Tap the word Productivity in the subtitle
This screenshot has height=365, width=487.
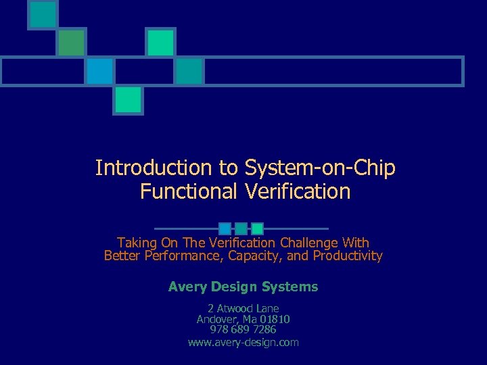(x=347, y=256)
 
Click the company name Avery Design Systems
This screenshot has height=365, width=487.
(x=243, y=287)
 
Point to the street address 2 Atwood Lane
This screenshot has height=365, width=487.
(x=243, y=308)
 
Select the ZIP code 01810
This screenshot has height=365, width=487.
(x=275, y=318)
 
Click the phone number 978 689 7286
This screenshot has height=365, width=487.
(x=243, y=329)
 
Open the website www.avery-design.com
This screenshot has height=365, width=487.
(x=243, y=343)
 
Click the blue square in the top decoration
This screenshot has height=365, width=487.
(x=99, y=71)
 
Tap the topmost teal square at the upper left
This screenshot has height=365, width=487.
(x=43, y=14)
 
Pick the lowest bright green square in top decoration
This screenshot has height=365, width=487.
(x=128, y=100)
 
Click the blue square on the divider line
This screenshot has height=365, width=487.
(x=225, y=228)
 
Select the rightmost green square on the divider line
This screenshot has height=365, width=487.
(x=257, y=228)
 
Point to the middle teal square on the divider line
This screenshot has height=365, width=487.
(x=241, y=228)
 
